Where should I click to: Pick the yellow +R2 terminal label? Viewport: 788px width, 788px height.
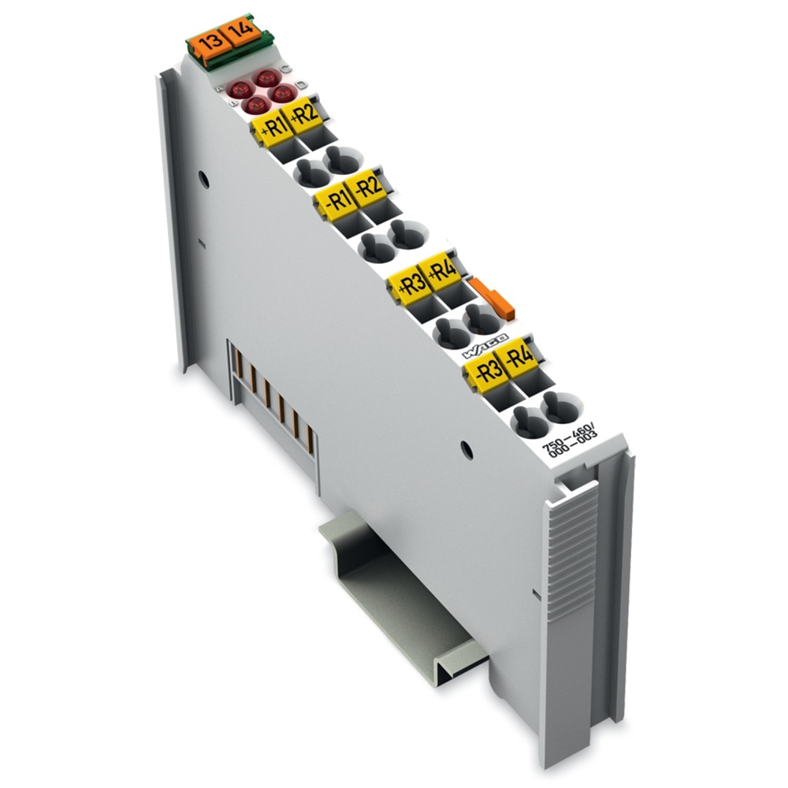[303, 119]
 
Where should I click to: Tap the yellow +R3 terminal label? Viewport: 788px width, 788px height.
[411, 284]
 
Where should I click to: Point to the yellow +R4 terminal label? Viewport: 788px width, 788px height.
[442, 274]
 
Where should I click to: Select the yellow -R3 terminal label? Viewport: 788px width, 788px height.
[485, 370]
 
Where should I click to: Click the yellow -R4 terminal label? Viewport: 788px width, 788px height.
[519, 359]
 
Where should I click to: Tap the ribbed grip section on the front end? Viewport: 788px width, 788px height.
[571, 552]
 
